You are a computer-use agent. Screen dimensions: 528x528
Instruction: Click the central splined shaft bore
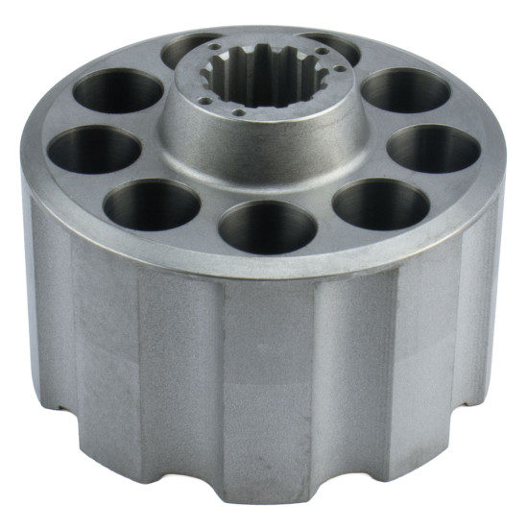pos(264,77)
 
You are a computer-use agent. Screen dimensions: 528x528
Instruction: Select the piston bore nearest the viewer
pos(267,227)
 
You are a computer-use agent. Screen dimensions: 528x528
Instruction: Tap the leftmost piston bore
pos(94,151)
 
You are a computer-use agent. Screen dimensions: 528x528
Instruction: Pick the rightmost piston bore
pos(434,149)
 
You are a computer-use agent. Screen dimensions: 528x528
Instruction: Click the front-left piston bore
pos(151,204)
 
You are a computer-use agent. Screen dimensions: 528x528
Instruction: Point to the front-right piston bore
pos(381,204)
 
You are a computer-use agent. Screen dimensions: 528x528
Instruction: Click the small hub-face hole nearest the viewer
pos(237,111)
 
